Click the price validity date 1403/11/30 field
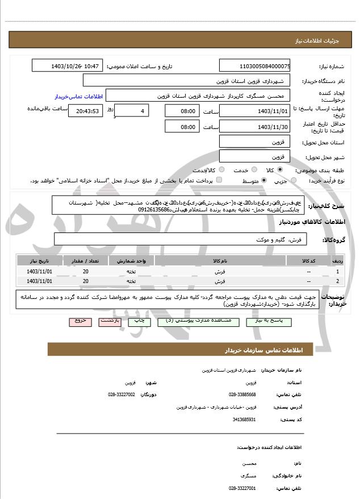(255, 127)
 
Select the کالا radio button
(280, 170)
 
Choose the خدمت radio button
(253, 170)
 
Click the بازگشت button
(109, 321)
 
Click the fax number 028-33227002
(122, 393)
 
